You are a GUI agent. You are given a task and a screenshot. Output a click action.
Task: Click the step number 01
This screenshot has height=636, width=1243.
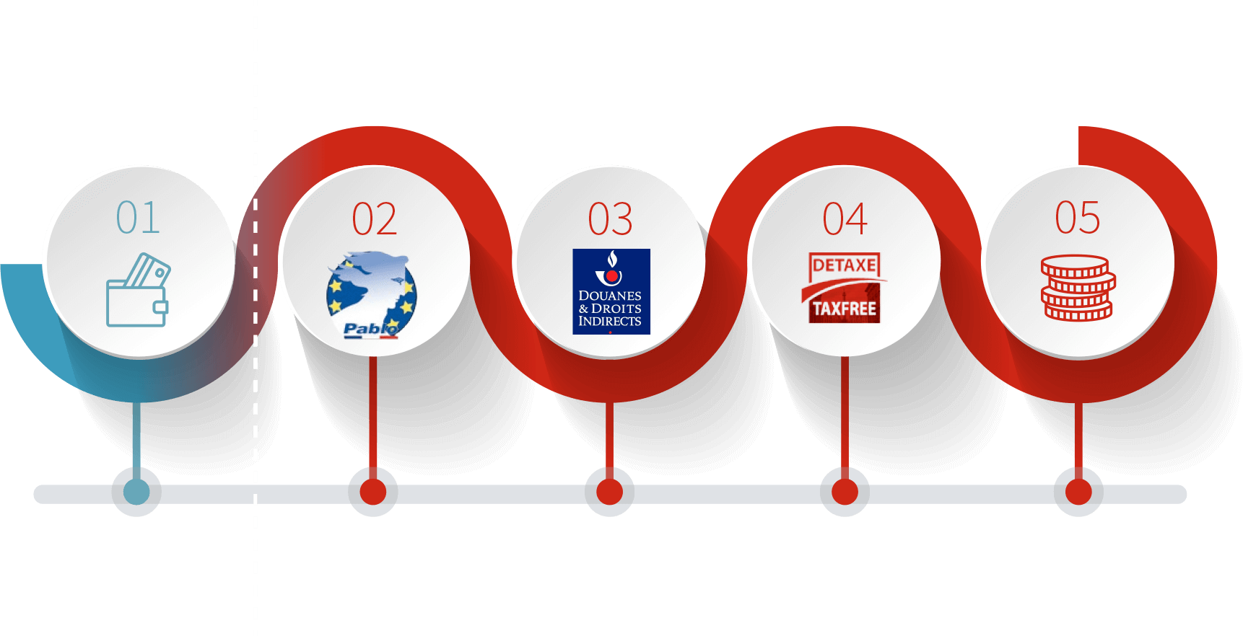[x=138, y=218]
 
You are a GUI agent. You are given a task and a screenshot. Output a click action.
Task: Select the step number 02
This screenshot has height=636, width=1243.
[x=374, y=219]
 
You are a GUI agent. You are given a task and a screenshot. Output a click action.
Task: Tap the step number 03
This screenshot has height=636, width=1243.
[x=610, y=219]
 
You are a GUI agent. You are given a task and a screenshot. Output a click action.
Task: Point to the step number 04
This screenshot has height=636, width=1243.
[x=845, y=219]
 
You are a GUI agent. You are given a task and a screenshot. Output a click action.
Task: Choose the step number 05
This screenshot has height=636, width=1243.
[x=1078, y=218]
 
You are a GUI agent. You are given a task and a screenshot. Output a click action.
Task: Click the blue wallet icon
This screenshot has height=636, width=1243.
[x=138, y=290]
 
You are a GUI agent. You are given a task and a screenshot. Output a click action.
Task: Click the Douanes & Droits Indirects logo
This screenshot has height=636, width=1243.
[x=611, y=291]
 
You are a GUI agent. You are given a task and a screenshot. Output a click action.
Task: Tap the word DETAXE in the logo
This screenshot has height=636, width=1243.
[x=845, y=265]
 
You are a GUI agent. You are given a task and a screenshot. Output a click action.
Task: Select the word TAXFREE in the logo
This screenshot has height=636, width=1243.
[x=845, y=309]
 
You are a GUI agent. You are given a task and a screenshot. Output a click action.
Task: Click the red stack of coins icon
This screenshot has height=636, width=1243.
[x=1078, y=288]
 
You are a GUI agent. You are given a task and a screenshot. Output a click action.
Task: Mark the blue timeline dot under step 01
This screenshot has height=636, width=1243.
[x=136, y=492]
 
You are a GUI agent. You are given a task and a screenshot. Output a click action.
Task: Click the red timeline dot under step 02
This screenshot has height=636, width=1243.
[x=373, y=492]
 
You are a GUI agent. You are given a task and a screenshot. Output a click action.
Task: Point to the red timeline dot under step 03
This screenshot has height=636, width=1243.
[x=609, y=492]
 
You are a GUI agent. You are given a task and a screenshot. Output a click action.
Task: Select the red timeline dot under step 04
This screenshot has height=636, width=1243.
[x=845, y=492]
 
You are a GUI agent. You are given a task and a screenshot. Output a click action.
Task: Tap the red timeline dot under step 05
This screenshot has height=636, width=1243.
[x=1078, y=492]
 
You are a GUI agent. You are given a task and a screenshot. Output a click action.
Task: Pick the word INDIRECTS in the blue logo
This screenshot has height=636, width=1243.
[x=610, y=322]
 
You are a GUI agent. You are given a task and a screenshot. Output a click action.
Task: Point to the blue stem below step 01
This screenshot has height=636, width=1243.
[x=136, y=441]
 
